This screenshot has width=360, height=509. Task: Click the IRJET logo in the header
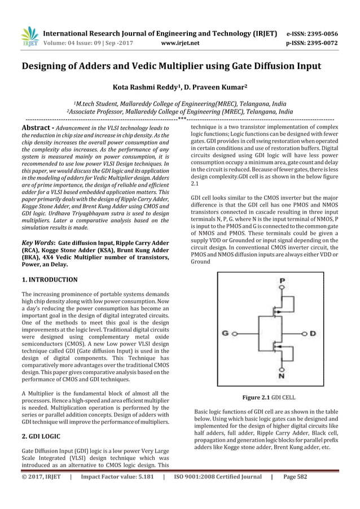tap(29, 34)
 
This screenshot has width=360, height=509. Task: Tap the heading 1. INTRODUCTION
tap(50, 279)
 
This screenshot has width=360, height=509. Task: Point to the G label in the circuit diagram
tap(226, 334)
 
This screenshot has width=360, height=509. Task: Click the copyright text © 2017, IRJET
tap(41, 492)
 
